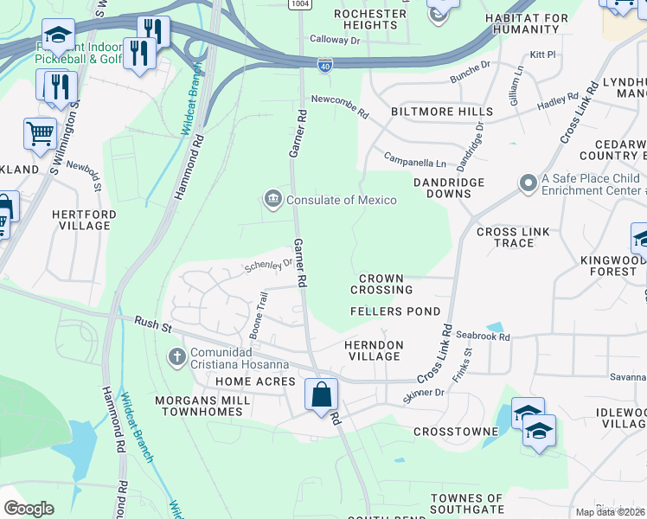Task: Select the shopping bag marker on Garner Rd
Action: pos(320,395)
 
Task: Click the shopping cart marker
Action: pos(40,134)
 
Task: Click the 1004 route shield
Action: pos(300,4)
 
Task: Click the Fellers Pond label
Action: pos(395,311)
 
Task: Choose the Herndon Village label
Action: pos(374,350)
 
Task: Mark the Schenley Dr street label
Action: pos(268,265)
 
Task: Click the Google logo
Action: pos(29,509)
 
